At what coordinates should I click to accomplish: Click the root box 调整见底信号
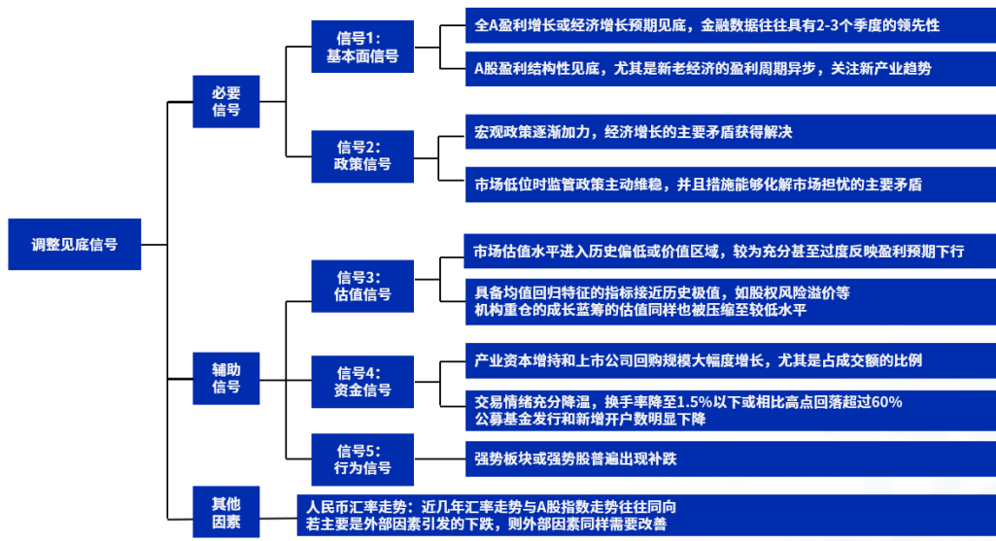(x=74, y=244)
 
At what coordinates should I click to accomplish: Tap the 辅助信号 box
(x=226, y=378)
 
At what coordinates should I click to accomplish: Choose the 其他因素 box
(x=226, y=513)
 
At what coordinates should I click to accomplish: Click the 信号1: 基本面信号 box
(x=362, y=47)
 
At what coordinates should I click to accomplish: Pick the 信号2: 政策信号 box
(x=362, y=155)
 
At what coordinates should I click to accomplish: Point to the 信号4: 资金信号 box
(x=362, y=381)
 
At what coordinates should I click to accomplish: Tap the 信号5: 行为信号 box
(x=362, y=458)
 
